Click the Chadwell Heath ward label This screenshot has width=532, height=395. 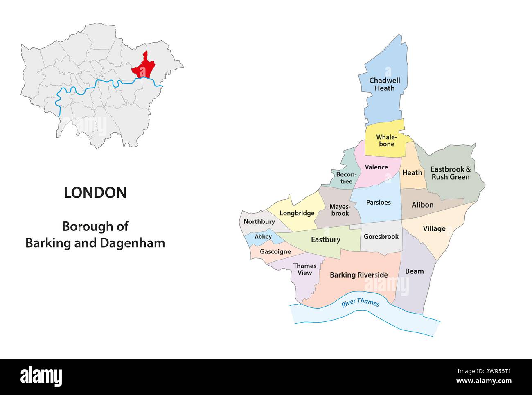(x=385, y=84)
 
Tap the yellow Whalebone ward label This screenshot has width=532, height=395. (x=386, y=140)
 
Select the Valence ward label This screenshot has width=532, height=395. (x=376, y=167)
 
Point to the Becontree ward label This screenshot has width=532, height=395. (x=346, y=178)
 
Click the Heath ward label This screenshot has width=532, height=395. (x=412, y=172)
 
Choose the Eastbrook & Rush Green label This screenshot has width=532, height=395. (x=451, y=173)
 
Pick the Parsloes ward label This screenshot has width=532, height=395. (x=378, y=202)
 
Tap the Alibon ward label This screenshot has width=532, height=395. (x=422, y=205)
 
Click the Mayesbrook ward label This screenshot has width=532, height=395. (x=340, y=210)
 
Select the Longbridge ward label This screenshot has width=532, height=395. (x=297, y=213)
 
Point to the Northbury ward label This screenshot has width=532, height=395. (x=259, y=221)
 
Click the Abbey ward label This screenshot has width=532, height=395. (x=263, y=237)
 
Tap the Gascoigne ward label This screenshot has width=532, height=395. (x=275, y=251)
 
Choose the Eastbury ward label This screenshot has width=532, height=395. (x=325, y=239)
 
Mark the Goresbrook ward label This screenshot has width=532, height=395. (x=381, y=236)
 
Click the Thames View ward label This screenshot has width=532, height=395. (x=304, y=269)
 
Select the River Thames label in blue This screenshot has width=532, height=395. (x=361, y=302)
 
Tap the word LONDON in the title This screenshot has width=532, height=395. (x=95, y=193)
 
